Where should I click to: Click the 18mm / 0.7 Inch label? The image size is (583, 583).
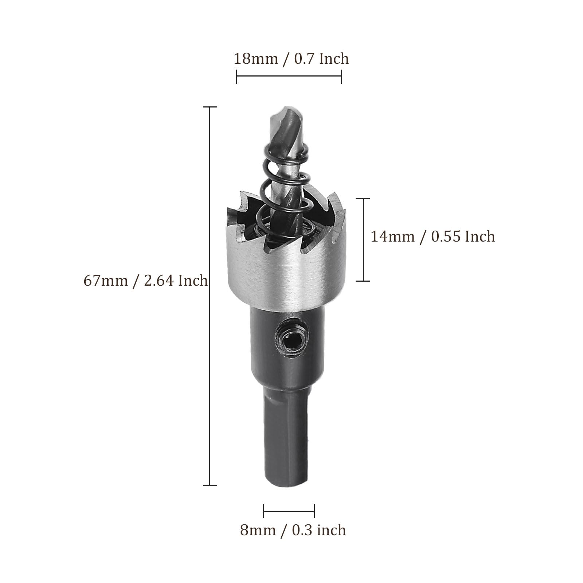click(291, 59)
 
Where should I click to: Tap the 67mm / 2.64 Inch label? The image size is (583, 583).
click(146, 281)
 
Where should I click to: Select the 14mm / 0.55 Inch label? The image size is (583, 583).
click(433, 237)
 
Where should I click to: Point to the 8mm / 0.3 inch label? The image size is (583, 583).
click(293, 530)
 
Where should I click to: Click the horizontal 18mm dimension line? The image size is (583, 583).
click(289, 77)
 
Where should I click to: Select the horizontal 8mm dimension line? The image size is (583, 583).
click(289, 511)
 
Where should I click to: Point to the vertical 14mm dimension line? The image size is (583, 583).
click(363, 240)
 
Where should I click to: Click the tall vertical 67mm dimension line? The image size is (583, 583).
click(210, 296)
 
